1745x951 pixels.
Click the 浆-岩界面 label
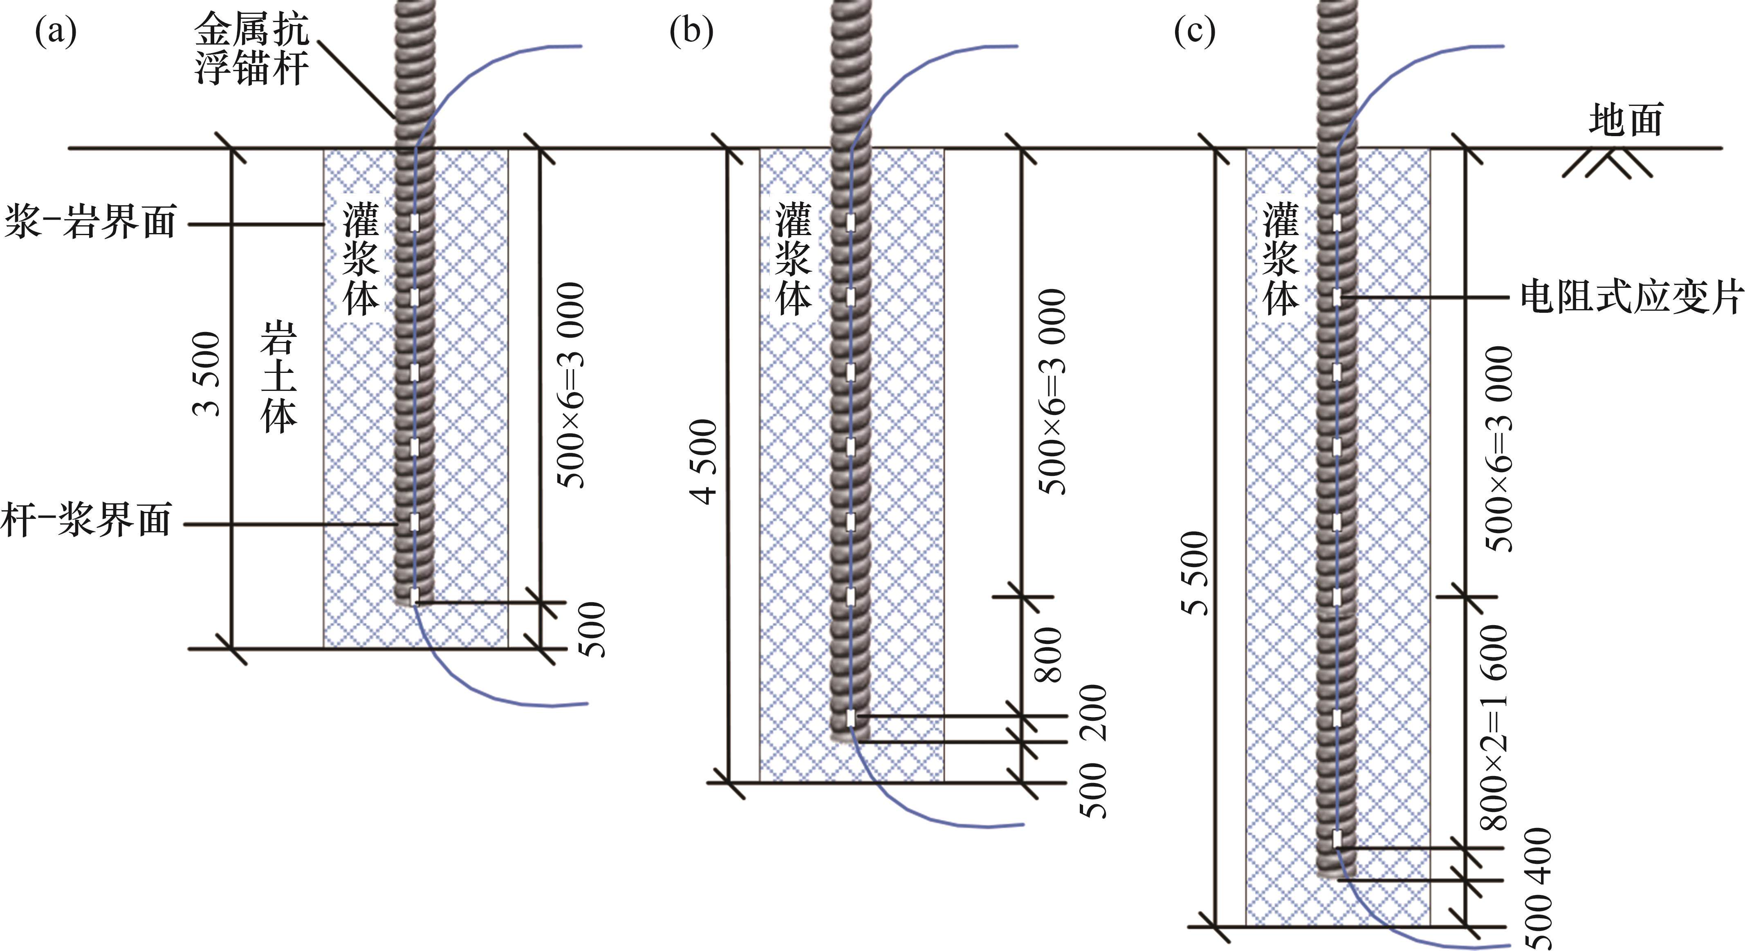tap(90, 222)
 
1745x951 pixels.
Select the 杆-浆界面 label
tap(86, 520)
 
